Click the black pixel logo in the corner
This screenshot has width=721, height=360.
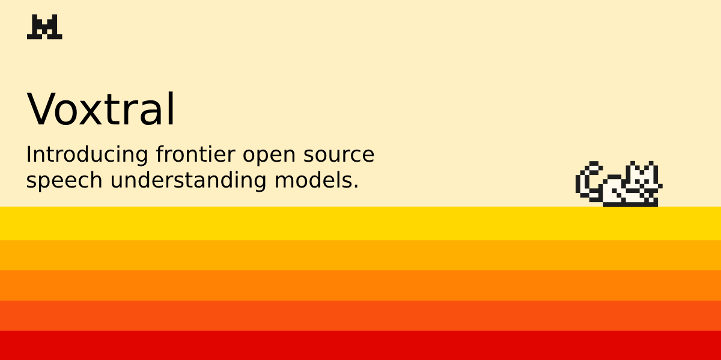(x=44, y=27)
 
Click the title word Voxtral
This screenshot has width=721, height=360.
(x=101, y=110)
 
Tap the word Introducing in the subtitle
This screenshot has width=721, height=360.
(x=87, y=154)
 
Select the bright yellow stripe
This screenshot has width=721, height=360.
(x=360, y=223)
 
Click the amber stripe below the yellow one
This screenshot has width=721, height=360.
(x=360, y=255)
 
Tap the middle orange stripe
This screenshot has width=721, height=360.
(x=360, y=285)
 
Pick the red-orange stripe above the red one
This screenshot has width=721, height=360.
(x=360, y=316)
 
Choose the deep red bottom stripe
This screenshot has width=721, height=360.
(x=360, y=346)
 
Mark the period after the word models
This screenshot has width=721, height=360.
(x=356, y=188)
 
